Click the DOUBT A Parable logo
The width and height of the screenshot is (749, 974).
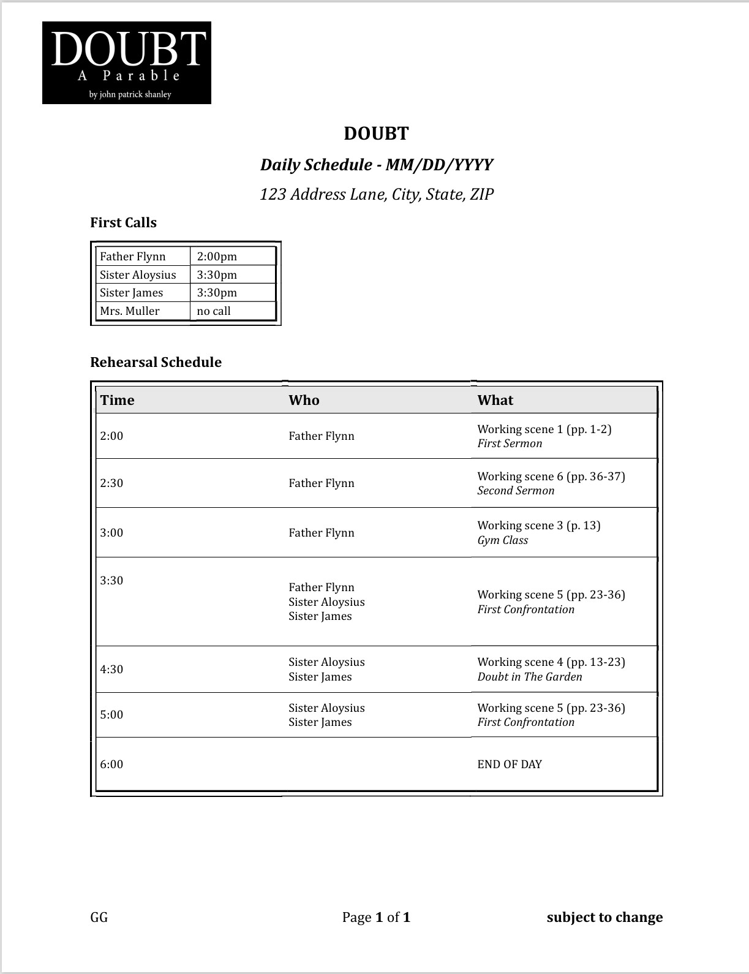(127, 62)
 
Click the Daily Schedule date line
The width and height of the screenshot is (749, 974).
(376, 165)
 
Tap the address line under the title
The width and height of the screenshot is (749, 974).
(376, 195)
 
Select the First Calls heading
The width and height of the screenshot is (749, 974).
(123, 223)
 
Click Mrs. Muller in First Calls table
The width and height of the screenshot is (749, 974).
(129, 311)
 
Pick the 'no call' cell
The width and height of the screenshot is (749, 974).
(214, 311)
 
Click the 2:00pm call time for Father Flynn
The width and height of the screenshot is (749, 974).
(217, 257)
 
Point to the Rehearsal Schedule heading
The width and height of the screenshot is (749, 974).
(156, 363)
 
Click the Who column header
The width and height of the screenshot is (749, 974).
(304, 401)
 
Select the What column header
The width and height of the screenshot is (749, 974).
(495, 401)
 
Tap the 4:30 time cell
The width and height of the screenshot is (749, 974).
(111, 670)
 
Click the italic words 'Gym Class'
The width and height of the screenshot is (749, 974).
(502, 540)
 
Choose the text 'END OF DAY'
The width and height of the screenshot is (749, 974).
(510, 764)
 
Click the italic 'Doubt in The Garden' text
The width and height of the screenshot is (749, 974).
(530, 677)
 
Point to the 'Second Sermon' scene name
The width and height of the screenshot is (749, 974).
(516, 491)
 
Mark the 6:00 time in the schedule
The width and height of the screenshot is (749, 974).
(111, 764)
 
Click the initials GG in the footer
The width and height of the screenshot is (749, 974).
(99, 918)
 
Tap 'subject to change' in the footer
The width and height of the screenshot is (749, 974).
(604, 918)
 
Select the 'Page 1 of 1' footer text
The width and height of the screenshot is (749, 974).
(376, 918)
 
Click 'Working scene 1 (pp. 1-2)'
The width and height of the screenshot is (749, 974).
(544, 429)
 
